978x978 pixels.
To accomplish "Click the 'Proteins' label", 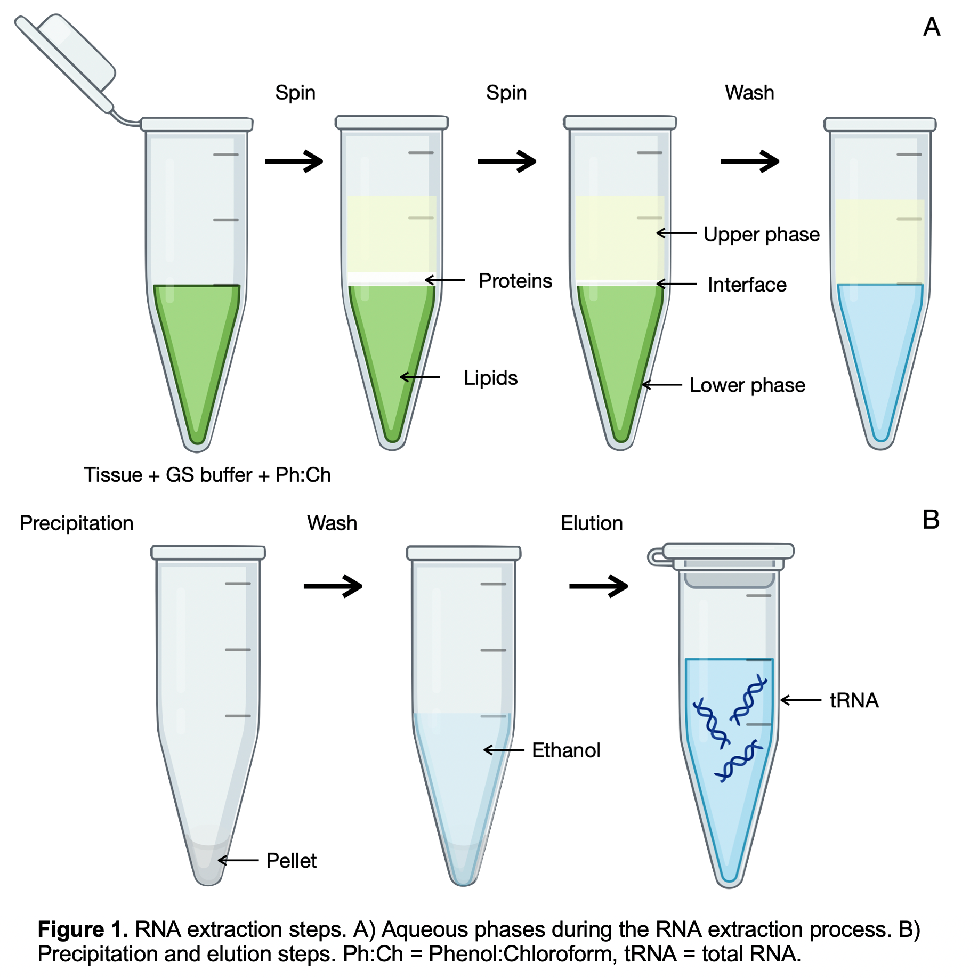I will [x=515, y=281].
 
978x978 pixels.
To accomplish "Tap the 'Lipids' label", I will [x=490, y=378].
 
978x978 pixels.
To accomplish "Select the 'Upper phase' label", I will [x=761, y=235].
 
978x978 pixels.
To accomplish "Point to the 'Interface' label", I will [x=747, y=285].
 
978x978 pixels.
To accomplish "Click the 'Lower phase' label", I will [x=747, y=385].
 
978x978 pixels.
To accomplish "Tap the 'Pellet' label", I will [x=291, y=860].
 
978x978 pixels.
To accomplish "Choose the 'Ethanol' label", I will [x=565, y=750].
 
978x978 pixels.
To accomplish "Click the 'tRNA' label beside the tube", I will [x=853, y=700].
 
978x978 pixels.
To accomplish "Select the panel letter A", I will [x=931, y=27].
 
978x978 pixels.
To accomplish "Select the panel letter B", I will [x=931, y=520].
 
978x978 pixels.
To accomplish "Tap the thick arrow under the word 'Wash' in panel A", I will [x=749, y=161].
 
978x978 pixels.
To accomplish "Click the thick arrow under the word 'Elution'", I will [x=598, y=586].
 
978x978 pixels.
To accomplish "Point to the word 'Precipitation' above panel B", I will [x=76, y=523].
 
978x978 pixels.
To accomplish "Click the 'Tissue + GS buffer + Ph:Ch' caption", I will [x=207, y=475].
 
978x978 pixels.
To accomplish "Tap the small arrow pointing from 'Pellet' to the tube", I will [x=238, y=860].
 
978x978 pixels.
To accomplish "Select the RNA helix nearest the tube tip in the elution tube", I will [x=738, y=761].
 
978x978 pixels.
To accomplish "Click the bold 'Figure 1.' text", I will [x=83, y=929].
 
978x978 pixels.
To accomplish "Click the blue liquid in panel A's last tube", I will [x=880, y=346].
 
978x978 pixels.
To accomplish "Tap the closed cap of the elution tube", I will [x=728, y=551].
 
